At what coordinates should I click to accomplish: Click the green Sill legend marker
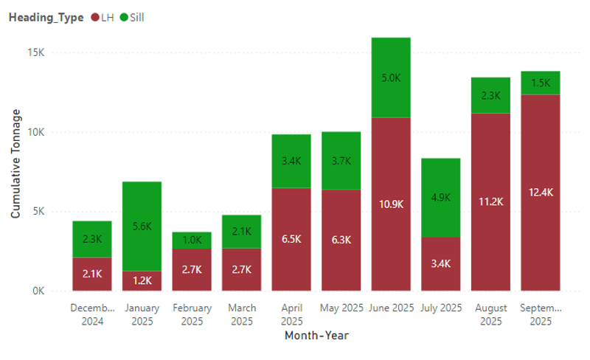(x=122, y=18)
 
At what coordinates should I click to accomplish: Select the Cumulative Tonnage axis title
(x=15, y=164)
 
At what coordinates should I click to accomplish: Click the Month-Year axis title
(x=316, y=336)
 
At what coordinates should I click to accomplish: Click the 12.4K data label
(x=540, y=193)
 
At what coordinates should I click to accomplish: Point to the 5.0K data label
(x=391, y=77)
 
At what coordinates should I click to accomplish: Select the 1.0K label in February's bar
(x=192, y=240)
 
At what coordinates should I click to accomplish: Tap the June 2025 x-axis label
(x=391, y=308)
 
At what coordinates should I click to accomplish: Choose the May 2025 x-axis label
(x=341, y=308)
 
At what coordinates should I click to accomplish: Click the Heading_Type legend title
(x=46, y=18)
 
